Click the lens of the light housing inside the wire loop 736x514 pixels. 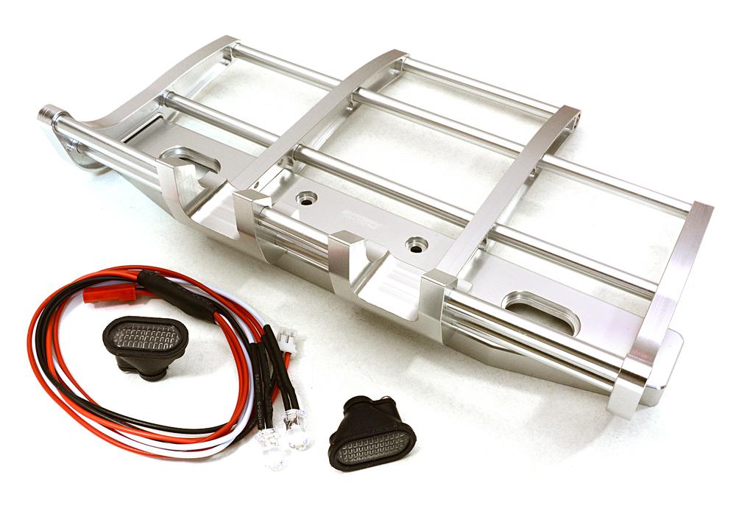coord(147,337)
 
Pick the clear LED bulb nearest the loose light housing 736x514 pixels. coord(299,434)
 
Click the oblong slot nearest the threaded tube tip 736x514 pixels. coord(189,159)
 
